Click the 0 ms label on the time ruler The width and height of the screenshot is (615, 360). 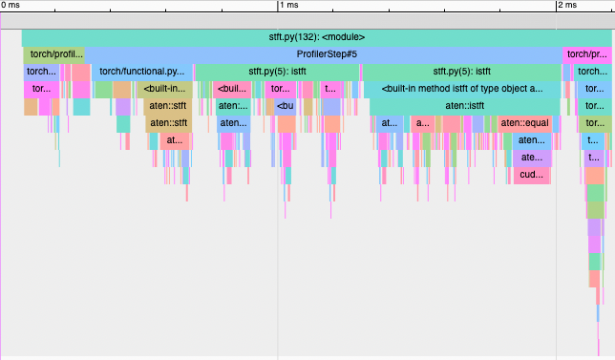pos(11,6)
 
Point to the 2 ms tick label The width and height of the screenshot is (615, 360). pos(567,6)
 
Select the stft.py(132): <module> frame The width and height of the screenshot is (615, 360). pos(316,37)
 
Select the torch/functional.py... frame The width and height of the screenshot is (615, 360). pos(141,72)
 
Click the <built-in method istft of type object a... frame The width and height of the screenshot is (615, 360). pos(461,89)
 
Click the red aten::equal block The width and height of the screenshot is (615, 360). pos(522,123)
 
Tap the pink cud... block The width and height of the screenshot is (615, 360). pos(531,175)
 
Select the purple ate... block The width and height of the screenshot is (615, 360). pos(531,158)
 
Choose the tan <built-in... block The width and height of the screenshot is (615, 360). pos(165,89)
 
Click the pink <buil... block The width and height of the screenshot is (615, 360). pos(232,89)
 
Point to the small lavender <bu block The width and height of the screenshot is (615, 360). pos(285,106)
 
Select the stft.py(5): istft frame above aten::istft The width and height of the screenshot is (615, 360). pos(461,72)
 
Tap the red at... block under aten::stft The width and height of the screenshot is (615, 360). pos(173,140)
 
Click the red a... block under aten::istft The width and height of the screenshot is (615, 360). pos(421,123)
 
